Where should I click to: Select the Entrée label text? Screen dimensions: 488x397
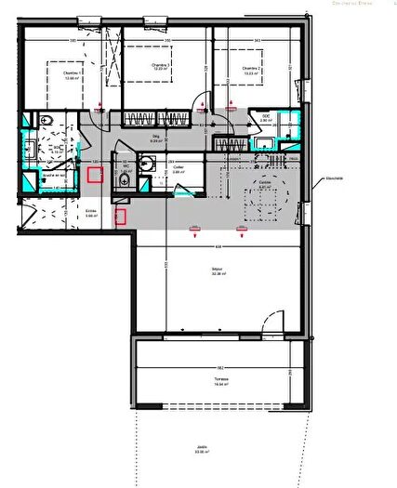point(91,213)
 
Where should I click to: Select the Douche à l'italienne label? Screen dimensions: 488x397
point(45,174)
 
